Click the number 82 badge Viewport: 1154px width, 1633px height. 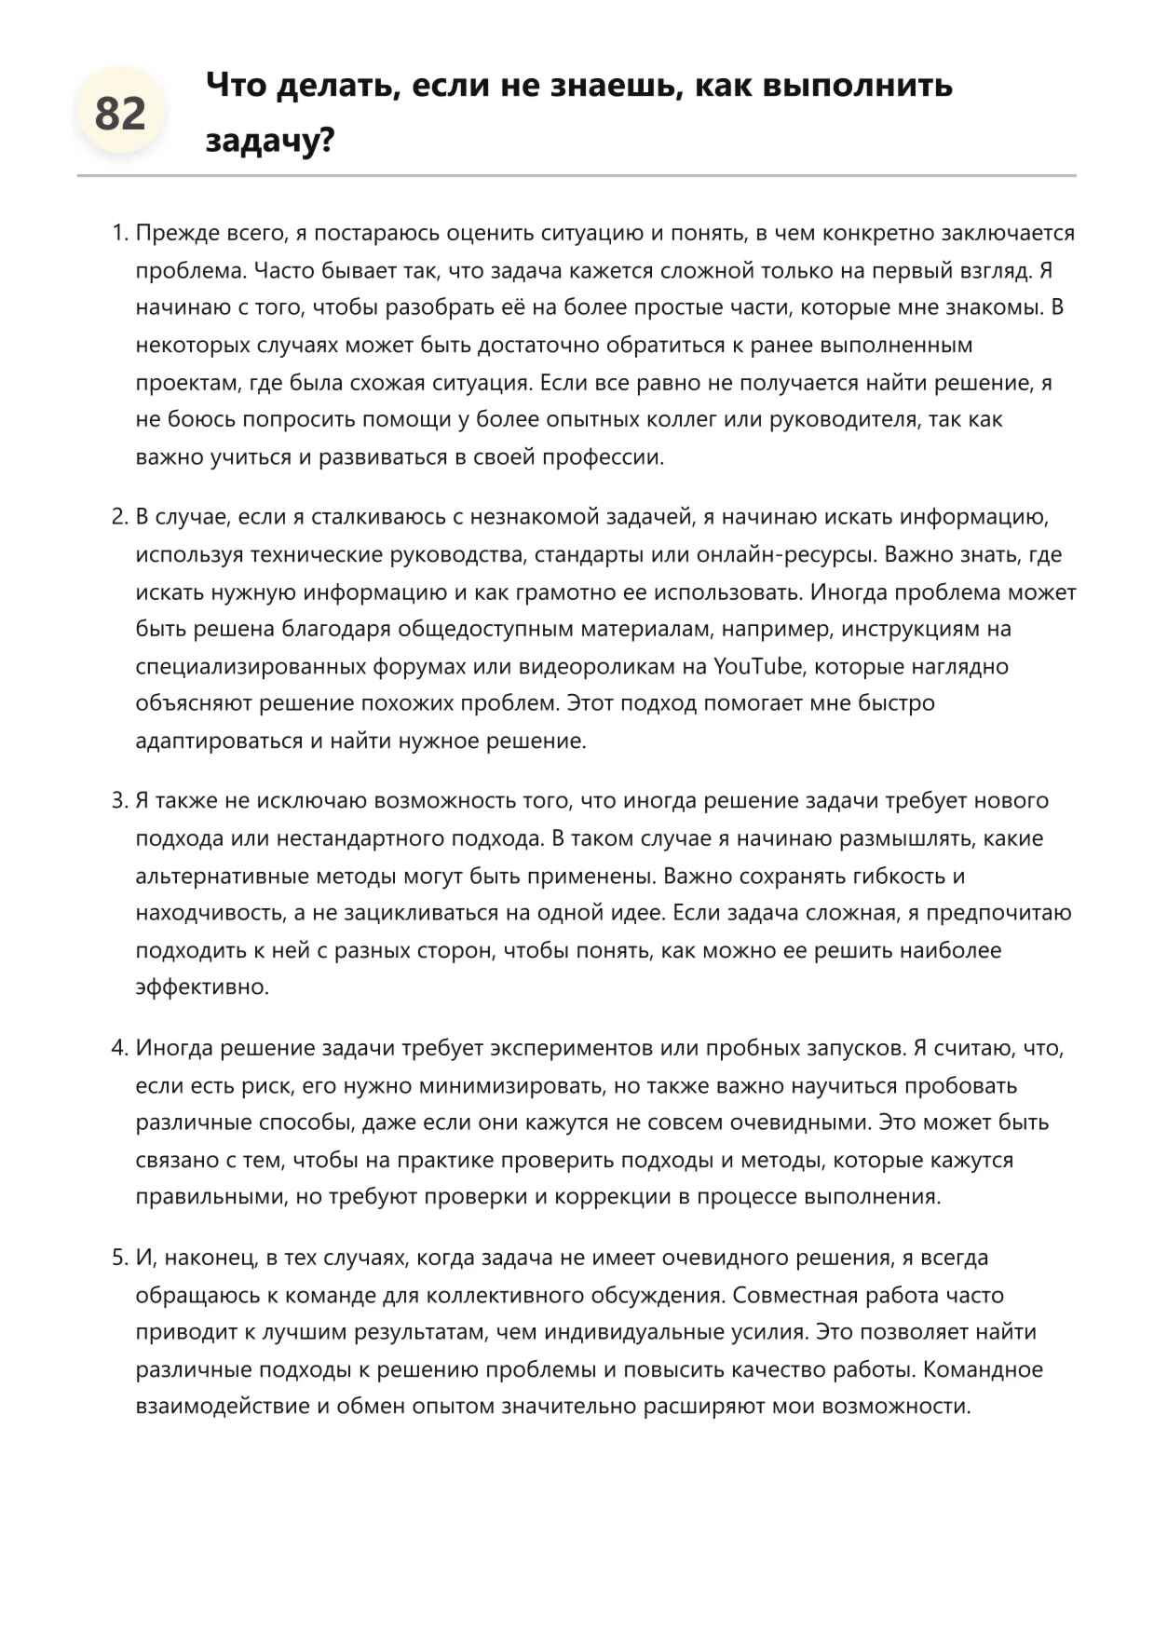point(120,114)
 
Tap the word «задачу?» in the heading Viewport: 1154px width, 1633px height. point(270,141)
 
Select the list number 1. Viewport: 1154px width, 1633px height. point(119,233)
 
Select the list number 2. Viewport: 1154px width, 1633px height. point(119,517)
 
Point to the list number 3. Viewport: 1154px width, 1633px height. point(119,801)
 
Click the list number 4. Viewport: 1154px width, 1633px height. point(119,1048)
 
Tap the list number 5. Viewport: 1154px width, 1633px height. point(119,1258)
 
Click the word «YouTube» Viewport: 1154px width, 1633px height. point(757,667)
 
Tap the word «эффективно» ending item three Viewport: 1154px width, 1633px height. point(201,987)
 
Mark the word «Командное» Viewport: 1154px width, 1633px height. point(983,1369)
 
